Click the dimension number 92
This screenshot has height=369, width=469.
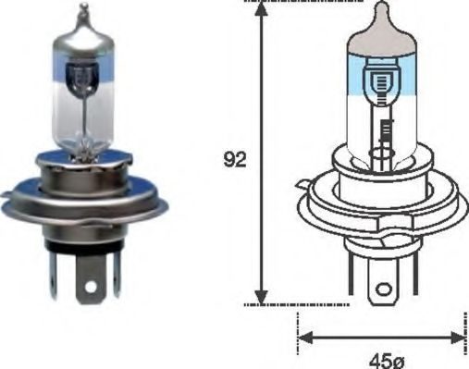pos(236,160)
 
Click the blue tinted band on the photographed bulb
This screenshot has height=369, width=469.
pos(85,66)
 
